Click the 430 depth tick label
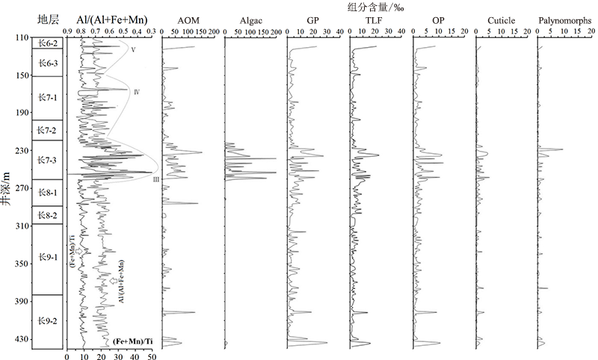21,339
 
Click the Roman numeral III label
155,179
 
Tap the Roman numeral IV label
138,92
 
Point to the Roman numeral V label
132,50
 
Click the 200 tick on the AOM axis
213,31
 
